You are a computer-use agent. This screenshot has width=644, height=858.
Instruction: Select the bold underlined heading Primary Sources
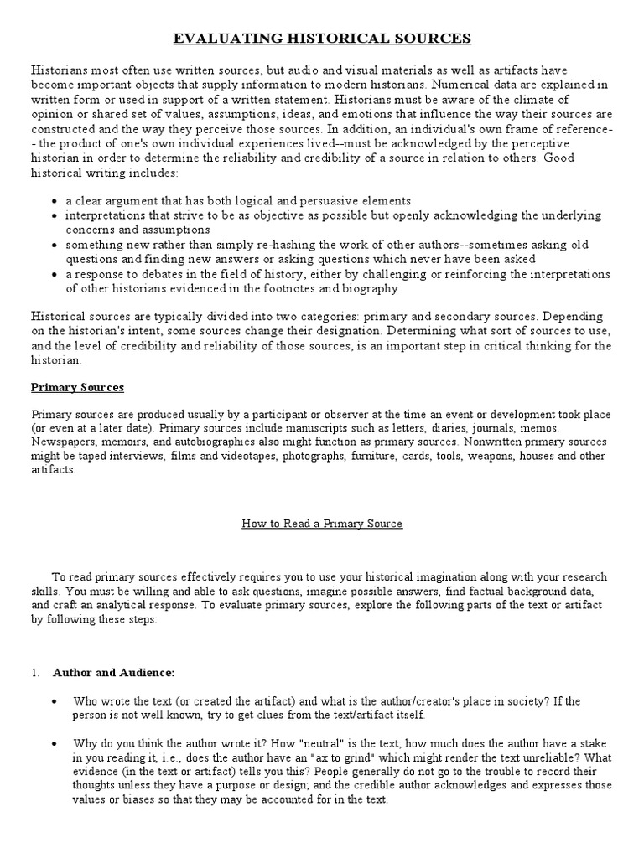77,387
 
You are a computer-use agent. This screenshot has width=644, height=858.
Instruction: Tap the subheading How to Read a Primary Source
322,523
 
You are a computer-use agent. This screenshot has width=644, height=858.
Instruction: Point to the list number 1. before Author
35,672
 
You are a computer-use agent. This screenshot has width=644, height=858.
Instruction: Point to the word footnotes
304,289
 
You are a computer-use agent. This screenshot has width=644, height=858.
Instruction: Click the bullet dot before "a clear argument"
54,202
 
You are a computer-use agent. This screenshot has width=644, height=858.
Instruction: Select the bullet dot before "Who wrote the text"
55,700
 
